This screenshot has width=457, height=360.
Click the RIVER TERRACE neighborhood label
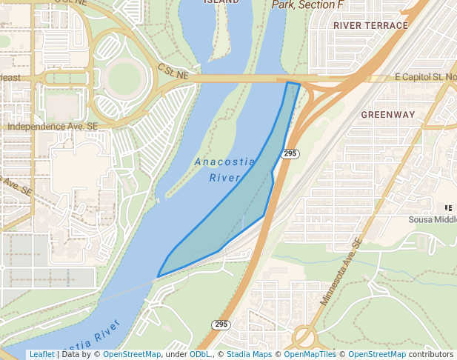370,25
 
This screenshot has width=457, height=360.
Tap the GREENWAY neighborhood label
388,115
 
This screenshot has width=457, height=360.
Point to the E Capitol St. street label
425,77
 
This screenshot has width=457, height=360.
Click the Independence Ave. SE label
52,127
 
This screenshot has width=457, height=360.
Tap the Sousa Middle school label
433,220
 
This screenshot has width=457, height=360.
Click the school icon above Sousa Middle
447,208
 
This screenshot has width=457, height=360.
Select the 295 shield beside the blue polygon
290,153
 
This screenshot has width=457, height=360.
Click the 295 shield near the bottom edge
221,324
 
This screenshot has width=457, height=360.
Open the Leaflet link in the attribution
41,355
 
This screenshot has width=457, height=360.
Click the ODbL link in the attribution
199,355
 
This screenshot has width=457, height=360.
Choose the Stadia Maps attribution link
248,355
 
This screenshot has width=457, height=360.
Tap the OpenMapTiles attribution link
310,355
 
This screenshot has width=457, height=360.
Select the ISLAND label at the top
221,1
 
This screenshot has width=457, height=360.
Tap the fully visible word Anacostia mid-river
224,162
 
